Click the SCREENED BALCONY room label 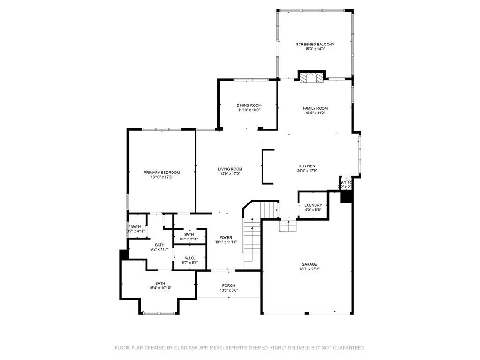coord(315,44)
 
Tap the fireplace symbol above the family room coord(311,78)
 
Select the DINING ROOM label coord(248,105)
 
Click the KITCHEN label coord(307,166)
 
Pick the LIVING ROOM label coord(230,169)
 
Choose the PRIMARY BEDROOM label coord(161,172)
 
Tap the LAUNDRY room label coord(313,205)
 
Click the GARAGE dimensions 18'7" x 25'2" coord(308,269)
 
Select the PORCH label coord(228,285)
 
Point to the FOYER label coord(226,237)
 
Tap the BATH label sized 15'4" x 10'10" coord(160,283)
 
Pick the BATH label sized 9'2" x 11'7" coord(159,245)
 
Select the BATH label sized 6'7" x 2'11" coord(189,234)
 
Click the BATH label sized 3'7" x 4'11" coord(135,226)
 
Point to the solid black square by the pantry coord(346,197)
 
